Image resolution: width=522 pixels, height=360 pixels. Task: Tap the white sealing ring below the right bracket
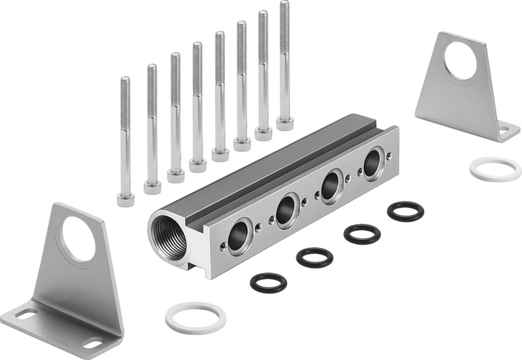click(x=495, y=169)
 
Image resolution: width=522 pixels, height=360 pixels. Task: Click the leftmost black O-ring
click(x=268, y=283)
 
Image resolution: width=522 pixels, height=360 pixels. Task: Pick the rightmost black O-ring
click(x=406, y=211)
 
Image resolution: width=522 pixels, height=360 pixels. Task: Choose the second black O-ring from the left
click(x=315, y=258)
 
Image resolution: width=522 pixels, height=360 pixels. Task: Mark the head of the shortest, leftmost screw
click(x=126, y=200)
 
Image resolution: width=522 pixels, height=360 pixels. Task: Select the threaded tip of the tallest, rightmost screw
click(x=284, y=16)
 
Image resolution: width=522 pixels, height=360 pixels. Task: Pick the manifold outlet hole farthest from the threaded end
click(x=373, y=164)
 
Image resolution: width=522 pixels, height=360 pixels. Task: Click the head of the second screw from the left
click(x=152, y=187)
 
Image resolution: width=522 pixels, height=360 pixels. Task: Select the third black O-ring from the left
click(x=362, y=234)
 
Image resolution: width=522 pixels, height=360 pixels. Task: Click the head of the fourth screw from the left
click(x=198, y=165)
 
